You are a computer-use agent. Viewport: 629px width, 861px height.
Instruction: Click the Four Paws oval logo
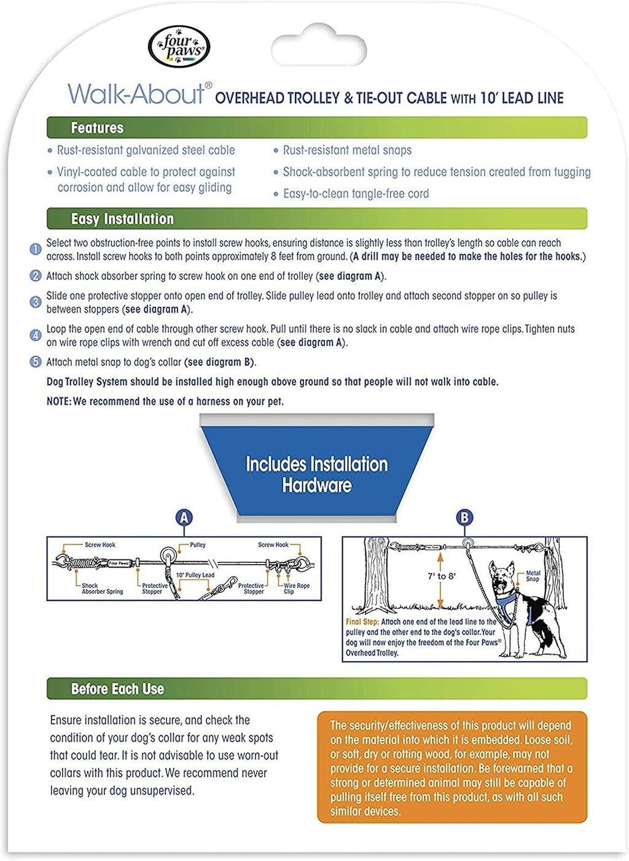tap(179, 47)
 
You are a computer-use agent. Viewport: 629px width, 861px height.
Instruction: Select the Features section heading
tap(97, 128)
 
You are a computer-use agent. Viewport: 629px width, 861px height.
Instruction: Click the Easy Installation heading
tap(122, 219)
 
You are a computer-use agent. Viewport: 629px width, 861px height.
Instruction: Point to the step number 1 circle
tap(36, 249)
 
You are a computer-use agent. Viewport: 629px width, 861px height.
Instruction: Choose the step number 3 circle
tap(36, 302)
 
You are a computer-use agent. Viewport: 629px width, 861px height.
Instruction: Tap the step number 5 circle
tap(36, 361)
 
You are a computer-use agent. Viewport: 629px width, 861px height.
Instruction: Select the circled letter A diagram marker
tap(184, 517)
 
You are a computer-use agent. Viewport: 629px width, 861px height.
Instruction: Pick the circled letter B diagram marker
tap(464, 517)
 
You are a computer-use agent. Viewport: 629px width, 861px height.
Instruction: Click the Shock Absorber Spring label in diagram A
tap(102, 589)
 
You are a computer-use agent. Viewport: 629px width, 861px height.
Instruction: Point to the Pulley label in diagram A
tap(197, 545)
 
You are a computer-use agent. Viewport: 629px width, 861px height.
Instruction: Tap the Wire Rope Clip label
tap(297, 589)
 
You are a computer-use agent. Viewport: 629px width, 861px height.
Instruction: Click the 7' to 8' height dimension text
tap(441, 576)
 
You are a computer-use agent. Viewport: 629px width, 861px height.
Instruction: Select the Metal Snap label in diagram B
tap(533, 576)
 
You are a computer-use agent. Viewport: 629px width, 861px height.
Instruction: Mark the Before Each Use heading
tap(117, 689)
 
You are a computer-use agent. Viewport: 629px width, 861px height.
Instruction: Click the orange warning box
tap(452, 768)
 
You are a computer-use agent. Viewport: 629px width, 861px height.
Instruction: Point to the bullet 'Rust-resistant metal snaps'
tap(347, 150)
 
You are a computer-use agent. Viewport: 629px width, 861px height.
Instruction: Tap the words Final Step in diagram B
tap(362, 622)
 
